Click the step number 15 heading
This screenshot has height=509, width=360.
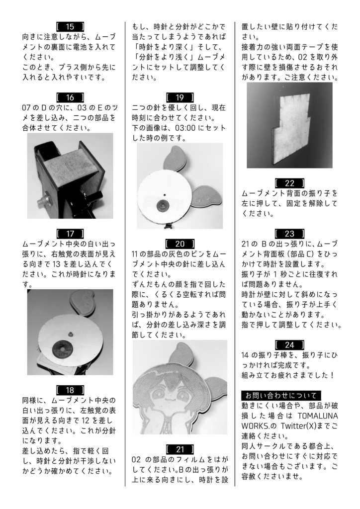(70, 26)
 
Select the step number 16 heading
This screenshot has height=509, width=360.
(70, 97)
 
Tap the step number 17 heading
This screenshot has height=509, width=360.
(70, 233)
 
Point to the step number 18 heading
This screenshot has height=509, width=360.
(70, 390)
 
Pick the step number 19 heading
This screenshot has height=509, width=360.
(180, 97)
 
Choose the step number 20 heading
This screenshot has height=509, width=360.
(180, 244)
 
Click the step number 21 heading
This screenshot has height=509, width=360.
(180, 449)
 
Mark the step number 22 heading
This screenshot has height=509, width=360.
(289, 183)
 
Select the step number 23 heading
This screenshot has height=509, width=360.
(289, 233)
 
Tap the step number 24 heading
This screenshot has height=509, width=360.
(289, 344)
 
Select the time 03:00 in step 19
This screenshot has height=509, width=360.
(190, 128)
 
